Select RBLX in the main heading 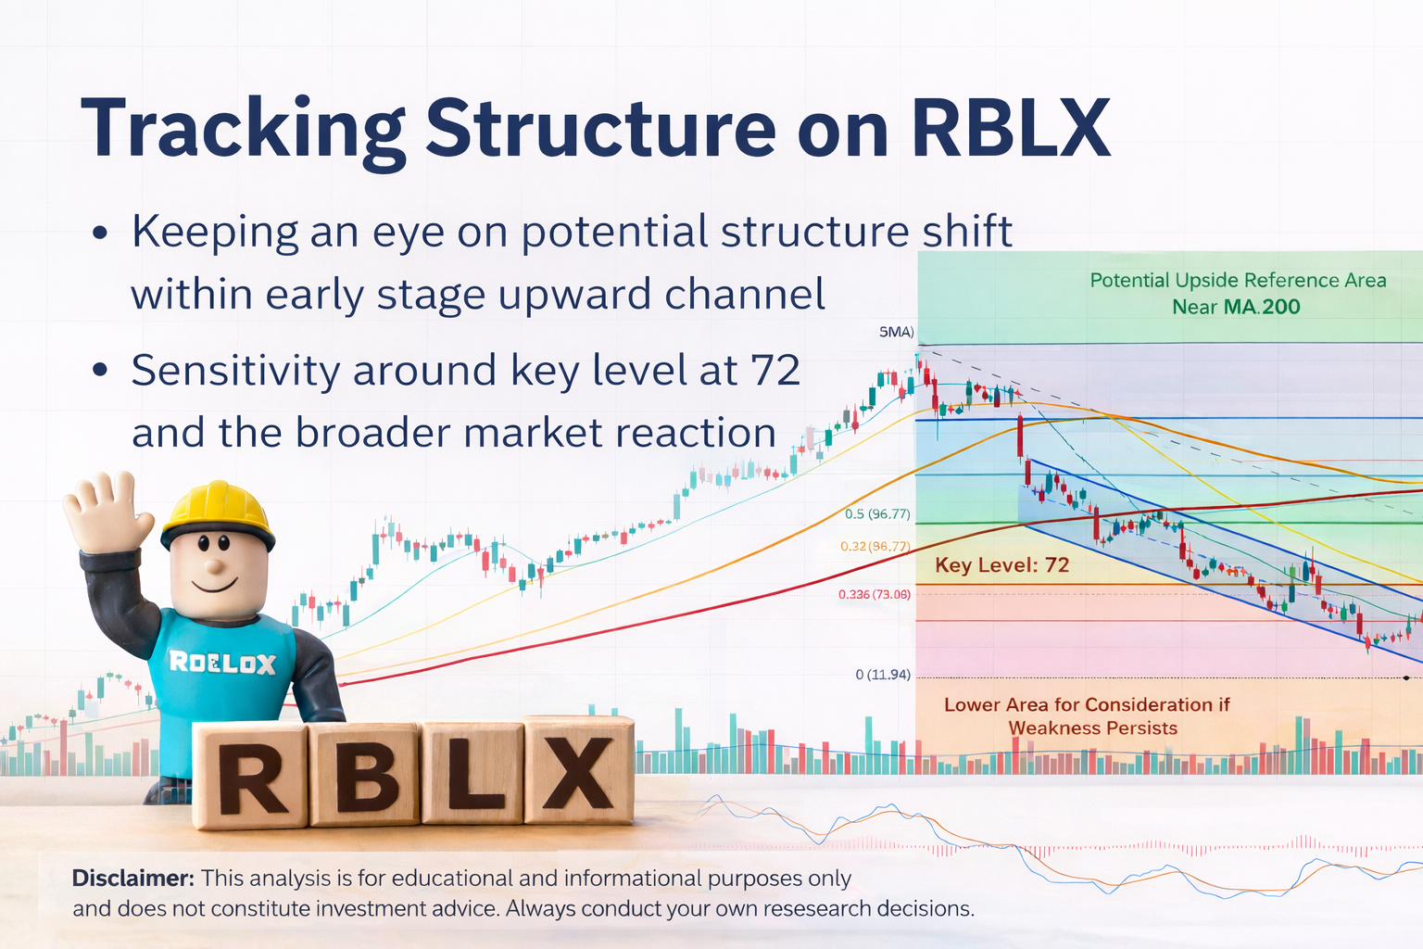[1010, 129]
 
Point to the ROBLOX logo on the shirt [222, 663]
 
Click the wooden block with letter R [250, 775]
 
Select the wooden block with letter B [364, 773]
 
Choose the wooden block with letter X [579, 769]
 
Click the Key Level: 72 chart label [1001, 565]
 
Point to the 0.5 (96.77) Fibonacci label [876, 514]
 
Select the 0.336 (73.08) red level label [874, 594]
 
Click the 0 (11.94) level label [882, 675]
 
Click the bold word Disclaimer [132, 879]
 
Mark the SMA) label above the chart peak [896, 332]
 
